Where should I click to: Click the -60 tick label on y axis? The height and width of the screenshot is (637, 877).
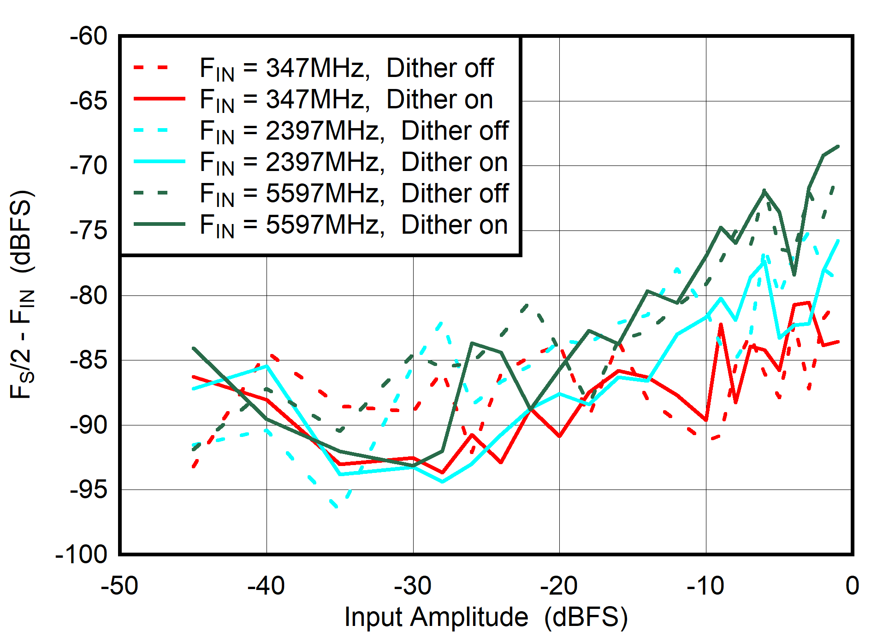[x=88, y=36]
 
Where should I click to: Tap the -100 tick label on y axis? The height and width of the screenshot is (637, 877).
[x=81, y=554]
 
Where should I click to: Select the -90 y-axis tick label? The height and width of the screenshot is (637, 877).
[x=88, y=425]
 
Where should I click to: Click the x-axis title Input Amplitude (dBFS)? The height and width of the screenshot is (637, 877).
[x=486, y=617]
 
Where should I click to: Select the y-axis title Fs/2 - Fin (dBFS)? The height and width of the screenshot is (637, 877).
[x=22, y=294]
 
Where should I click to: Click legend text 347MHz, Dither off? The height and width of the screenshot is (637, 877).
[x=347, y=68]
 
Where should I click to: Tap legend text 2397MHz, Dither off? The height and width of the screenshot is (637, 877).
[x=354, y=131]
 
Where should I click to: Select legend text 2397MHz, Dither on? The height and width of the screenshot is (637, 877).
[x=354, y=162]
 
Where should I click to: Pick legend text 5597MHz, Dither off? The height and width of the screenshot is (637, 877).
[x=354, y=194]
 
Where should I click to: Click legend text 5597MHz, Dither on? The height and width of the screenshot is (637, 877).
[x=354, y=225]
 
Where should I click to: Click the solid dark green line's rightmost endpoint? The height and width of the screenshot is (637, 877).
[x=838, y=147]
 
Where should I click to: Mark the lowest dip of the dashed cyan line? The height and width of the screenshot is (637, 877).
[x=337, y=507]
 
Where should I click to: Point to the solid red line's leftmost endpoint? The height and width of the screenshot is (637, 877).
[x=193, y=377]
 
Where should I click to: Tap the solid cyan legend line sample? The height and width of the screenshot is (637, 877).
[x=159, y=161]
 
